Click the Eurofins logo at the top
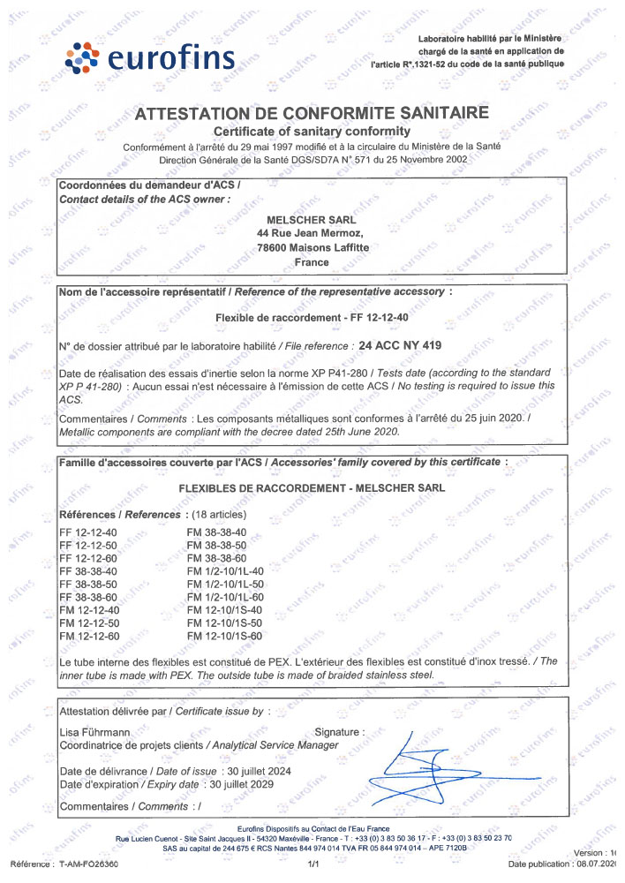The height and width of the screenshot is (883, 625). pos(150,57)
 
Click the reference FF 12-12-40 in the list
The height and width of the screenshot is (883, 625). pos(88,532)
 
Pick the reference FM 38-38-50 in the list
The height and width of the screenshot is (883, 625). pos(216,547)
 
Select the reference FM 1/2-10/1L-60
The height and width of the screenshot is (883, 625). pos(228,597)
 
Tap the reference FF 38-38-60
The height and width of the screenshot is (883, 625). pos(88,597)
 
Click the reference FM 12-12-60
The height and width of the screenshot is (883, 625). pos(88,636)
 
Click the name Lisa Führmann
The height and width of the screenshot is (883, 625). pos(95,732)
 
